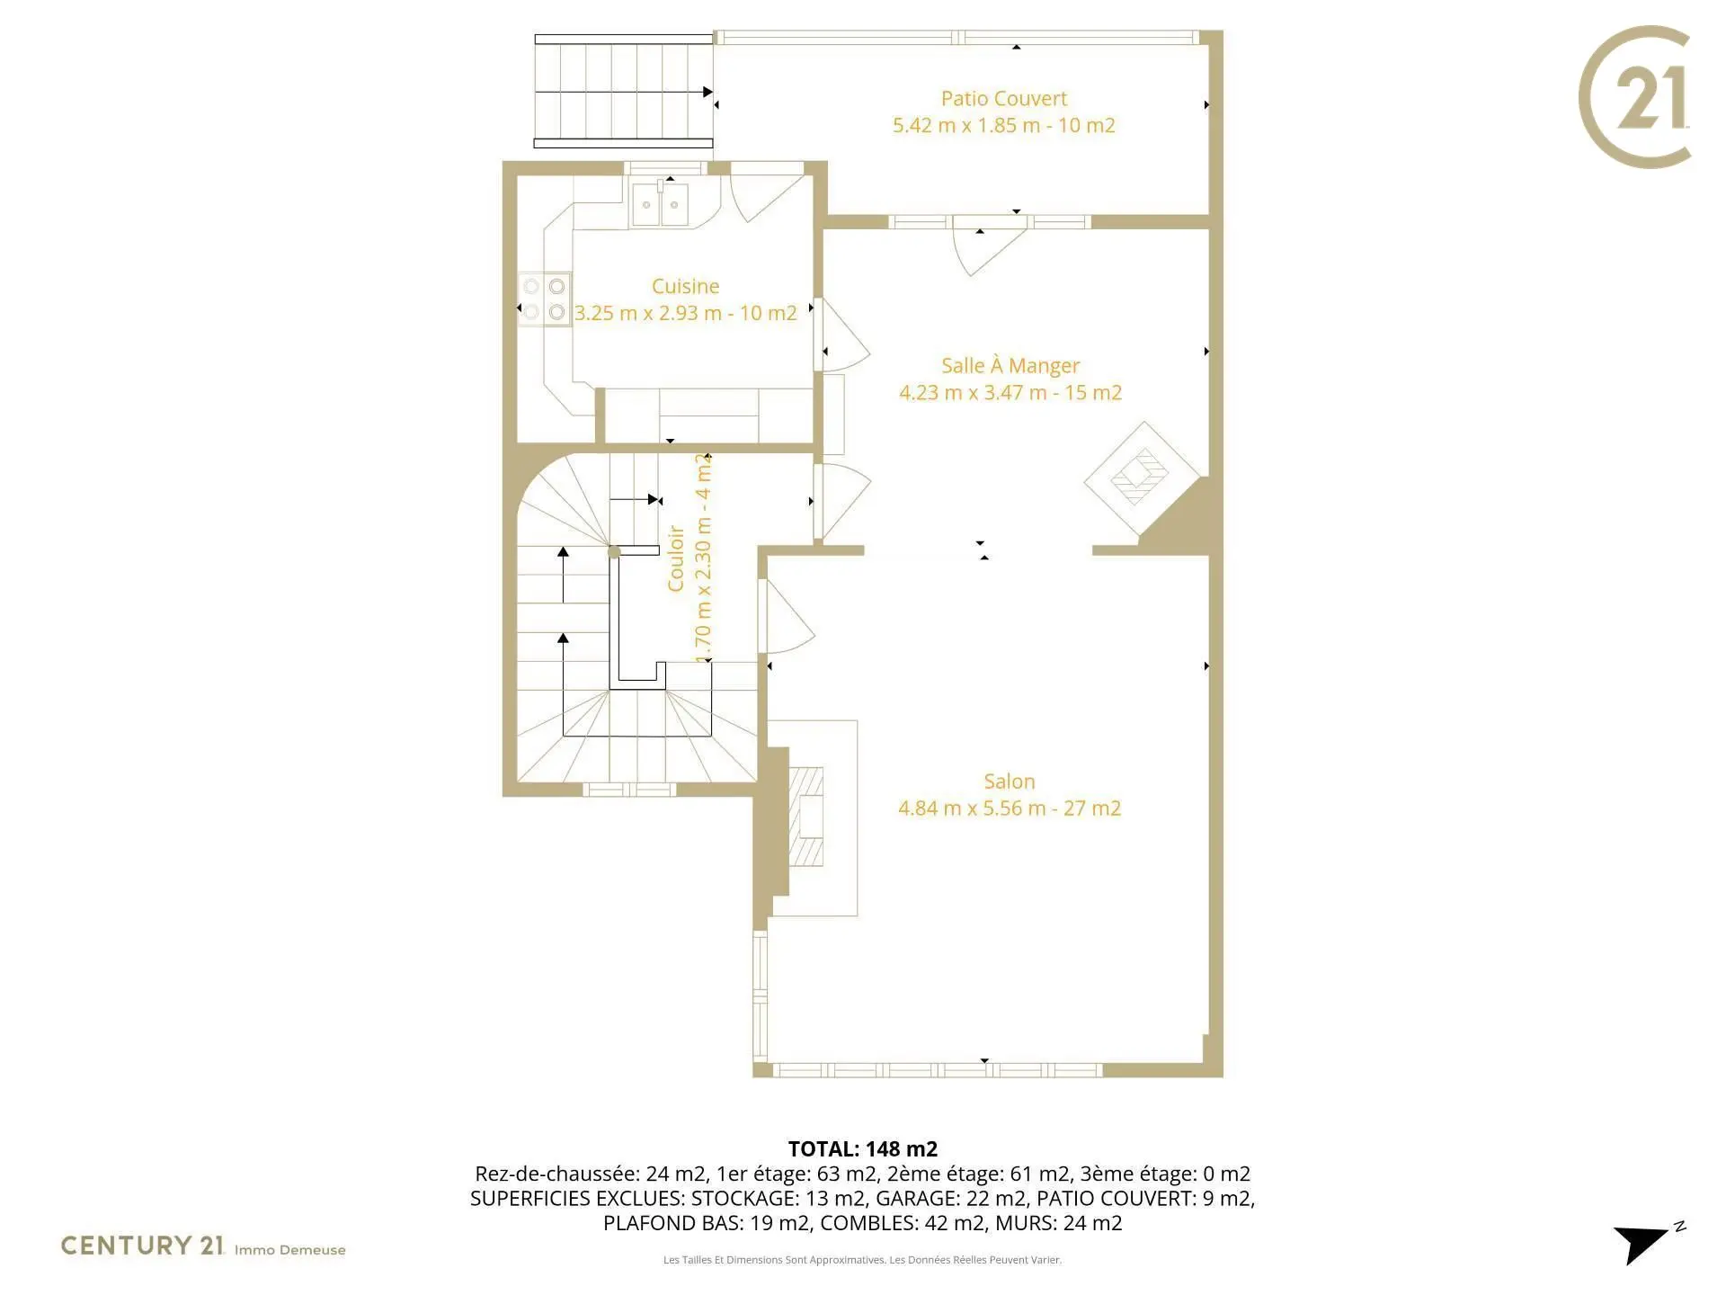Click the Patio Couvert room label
pyautogui.click(x=1004, y=99)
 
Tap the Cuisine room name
pyautogui.click(x=685, y=286)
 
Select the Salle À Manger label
pyautogui.click(x=1010, y=365)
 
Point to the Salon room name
pyautogui.click(x=1010, y=781)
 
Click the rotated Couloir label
pyautogui.click(x=676, y=558)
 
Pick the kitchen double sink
pyautogui.click(x=660, y=204)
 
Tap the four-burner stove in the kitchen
pyautogui.click(x=544, y=299)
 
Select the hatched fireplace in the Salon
pyautogui.click(x=806, y=817)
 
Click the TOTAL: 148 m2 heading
pyautogui.click(x=863, y=1148)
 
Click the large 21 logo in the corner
pyautogui.click(x=1635, y=97)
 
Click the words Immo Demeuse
pyautogui.click(x=289, y=1250)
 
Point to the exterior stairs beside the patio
pyautogui.click(x=624, y=91)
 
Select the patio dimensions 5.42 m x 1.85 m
pyautogui.click(x=966, y=126)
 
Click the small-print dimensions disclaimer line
pyautogui.click(x=863, y=1260)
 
